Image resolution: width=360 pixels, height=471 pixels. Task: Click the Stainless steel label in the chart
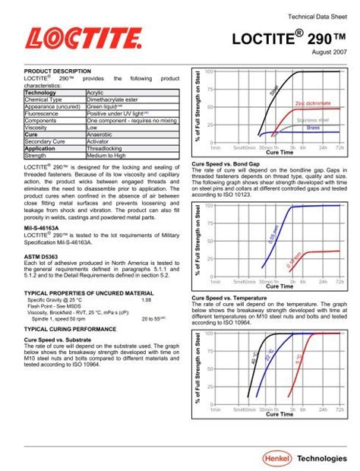(312, 119)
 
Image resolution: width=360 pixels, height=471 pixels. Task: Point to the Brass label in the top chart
(313, 128)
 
